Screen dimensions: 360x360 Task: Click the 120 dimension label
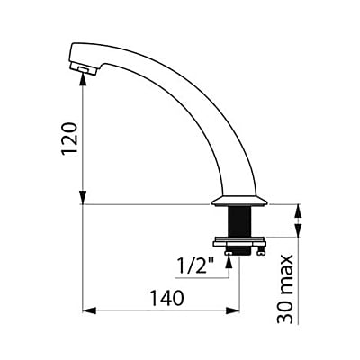coord(69,139)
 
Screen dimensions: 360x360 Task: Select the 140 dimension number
coord(166,298)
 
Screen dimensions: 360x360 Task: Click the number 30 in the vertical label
coord(284,311)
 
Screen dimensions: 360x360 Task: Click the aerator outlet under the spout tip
coord(83,69)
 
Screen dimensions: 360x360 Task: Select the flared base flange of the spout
coord(239,201)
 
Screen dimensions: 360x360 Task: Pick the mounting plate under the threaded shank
coord(239,242)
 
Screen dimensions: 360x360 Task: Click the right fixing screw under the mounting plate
coord(261,251)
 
